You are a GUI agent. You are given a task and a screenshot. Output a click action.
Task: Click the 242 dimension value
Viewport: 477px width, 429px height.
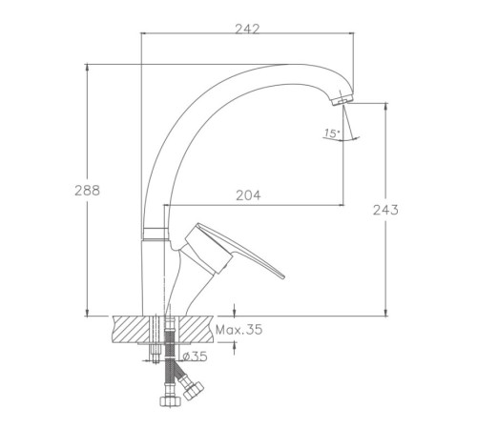click(247, 29)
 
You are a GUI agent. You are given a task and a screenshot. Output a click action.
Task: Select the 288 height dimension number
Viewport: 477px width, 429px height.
click(87, 191)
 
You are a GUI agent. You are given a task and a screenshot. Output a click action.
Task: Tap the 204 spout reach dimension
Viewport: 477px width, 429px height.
click(248, 195)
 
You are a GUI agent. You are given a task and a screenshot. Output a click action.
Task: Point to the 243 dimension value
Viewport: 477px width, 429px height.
click(385, 210)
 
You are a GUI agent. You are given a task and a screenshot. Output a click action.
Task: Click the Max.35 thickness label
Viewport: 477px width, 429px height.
click(239, 330)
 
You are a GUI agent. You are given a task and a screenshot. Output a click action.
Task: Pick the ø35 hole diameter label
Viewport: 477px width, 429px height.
click(196, 357)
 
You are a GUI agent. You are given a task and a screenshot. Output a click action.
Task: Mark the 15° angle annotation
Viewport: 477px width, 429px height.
click(332, 133)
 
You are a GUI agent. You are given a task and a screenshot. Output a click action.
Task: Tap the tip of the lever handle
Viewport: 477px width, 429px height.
click(282, 276)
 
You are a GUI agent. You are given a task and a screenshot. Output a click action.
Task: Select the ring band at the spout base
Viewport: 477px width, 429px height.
click(155, 234)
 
